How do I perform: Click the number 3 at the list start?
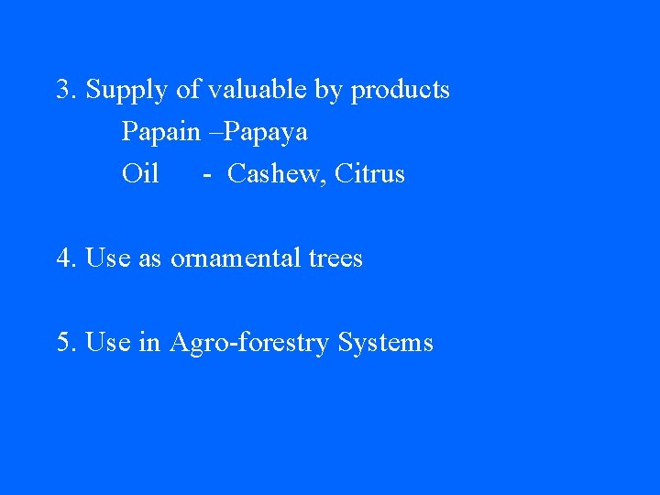tap(63, 90)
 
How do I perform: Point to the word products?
tap(401, 91)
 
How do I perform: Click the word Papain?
tap(160, 132)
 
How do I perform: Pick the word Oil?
tap(140, 173)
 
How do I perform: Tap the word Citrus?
tap(370, 173)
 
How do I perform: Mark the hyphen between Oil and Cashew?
tap(209, 174)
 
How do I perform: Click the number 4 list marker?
tap(63, 258)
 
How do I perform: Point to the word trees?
tap(335, 258)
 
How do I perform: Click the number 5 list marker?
tap(63, 343)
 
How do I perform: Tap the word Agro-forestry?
tap(248, 344)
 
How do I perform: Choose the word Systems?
tap(385, 344)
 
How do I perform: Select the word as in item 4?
tap(149, 259)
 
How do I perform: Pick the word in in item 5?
tap(148, 343)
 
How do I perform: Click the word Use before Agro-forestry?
tap(108, 343)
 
